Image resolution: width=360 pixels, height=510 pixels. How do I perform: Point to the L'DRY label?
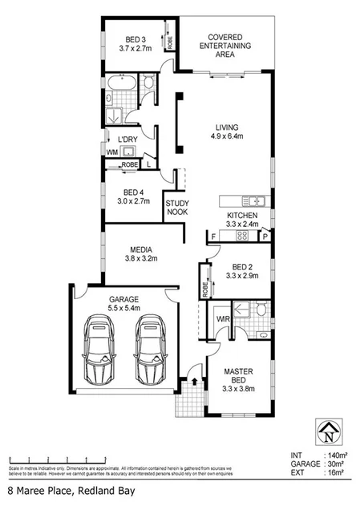130,140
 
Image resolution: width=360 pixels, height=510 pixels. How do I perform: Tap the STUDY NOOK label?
176,208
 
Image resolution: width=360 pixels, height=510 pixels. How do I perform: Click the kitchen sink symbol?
254,200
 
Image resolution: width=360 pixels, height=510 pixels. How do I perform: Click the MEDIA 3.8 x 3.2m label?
141,253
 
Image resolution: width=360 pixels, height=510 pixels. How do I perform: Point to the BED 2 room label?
242,270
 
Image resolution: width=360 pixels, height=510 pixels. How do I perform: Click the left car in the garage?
103,350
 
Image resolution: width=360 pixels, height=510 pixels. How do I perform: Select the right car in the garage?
149,350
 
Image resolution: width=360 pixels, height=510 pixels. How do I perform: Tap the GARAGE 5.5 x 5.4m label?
124,303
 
